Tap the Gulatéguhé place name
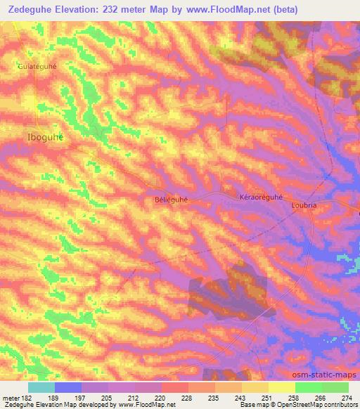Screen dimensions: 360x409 click(x=37, y=66)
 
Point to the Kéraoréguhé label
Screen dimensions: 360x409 click(x=261, y=197)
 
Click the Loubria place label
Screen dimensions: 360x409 click(x=324, y=204)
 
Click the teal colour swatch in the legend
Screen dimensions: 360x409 click(x=41, y=387)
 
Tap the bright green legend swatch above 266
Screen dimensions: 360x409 click(x=309, y=387)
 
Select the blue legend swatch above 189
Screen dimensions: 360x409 click(x=68, y=387)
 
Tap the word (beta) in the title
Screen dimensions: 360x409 click(x=283, y=10)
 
